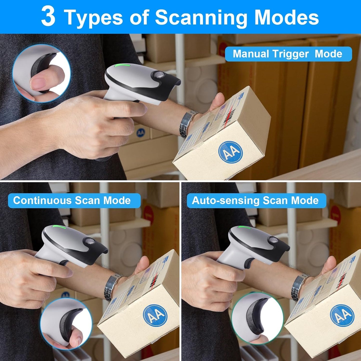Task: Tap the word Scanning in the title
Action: pos(201,17)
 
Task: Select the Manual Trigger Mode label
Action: pos(288,54)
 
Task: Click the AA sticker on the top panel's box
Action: pos(230,152)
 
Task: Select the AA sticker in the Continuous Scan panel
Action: pos(155,315)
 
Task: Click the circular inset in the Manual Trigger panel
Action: pos(41,73)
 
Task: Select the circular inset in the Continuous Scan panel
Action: pos(66,324)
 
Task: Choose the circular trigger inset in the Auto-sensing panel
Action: pos(257,319)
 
